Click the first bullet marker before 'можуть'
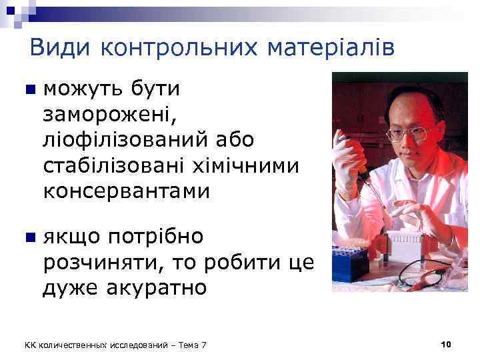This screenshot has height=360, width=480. click(x=26, y=90)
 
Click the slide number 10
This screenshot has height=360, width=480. click(x=446, y=344)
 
